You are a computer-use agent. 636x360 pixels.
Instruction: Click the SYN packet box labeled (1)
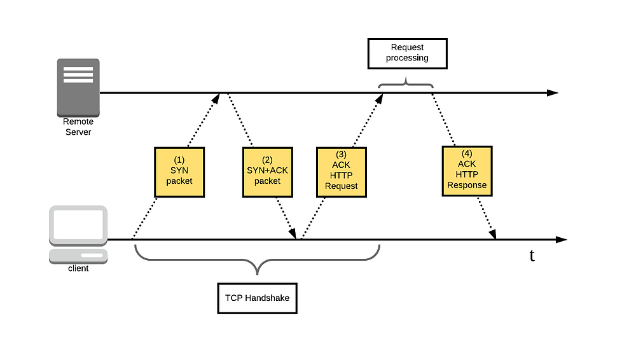(x=179, y=172)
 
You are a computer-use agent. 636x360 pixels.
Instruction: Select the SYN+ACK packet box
(x=267, y=172)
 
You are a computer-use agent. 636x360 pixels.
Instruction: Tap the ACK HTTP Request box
(x=341, y=172)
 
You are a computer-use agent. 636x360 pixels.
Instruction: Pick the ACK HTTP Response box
(x=467, y=171)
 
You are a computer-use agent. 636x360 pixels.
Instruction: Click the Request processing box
(x=407, y=53)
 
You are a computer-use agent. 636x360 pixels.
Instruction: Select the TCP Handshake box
(x=257, y=298)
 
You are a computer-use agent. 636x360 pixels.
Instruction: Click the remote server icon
(x=78, y=88)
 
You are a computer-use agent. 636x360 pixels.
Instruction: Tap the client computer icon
(x=78, y=235)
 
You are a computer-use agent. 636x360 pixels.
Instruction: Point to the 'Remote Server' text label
(x=78, y=127)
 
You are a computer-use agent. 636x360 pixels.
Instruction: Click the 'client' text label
(x=78, y=268)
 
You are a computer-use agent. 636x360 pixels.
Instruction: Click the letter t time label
(x=532, y=255)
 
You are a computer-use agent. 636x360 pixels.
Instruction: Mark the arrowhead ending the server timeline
(x=553, y=93)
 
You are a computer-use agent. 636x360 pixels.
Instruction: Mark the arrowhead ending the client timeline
(x=561, y=239)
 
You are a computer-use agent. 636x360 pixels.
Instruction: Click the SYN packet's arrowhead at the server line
(x=216, y=98)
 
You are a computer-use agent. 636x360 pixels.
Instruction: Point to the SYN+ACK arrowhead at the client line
(x=293, y=234)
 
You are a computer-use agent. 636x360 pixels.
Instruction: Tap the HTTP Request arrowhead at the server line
(x=379, y=98)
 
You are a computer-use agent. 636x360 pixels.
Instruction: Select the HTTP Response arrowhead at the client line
(x=493, y=234)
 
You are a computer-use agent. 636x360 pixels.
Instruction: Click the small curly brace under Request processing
(x=406, y=83)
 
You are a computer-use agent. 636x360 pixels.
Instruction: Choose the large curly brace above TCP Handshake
(x=257, y=260)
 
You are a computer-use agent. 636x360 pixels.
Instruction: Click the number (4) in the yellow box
(x=467, y=153)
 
